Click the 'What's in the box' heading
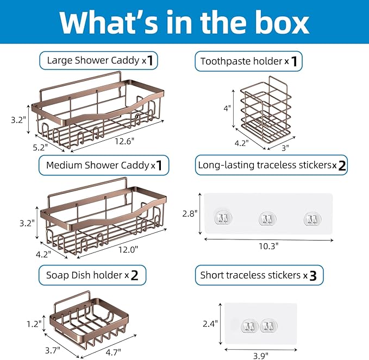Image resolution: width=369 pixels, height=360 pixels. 184,23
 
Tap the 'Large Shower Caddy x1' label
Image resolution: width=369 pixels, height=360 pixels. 98,60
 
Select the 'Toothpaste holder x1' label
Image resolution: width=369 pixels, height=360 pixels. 248,61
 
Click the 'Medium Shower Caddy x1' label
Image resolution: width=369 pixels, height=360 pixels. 104,165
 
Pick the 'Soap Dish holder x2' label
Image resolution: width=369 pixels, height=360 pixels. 92,275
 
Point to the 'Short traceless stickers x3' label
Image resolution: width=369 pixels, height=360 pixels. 259,275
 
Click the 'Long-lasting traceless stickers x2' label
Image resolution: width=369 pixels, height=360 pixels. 271,165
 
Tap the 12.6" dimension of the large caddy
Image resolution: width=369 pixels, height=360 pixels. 124,141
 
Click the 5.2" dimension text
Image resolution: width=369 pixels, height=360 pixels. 40,148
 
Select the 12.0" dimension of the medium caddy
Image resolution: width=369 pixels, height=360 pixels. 128,249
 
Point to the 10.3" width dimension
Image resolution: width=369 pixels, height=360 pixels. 268,246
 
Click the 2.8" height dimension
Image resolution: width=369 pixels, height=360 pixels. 190,214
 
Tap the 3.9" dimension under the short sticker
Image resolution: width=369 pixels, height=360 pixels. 261,356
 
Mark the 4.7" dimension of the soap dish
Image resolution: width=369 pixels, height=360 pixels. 113,352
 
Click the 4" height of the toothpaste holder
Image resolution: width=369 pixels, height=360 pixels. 227,109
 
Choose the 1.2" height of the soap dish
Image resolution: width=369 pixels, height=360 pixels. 34,324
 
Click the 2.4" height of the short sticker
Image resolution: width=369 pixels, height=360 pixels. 210,324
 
